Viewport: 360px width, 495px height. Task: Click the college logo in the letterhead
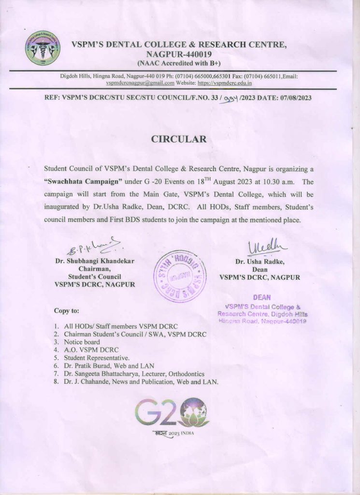pyautogui.click(x=43, y=48)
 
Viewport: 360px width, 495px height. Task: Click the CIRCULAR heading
pyautogui.click(x=179, y=139)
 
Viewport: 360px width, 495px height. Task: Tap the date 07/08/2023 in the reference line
pyautogui.click(x=293, y=98)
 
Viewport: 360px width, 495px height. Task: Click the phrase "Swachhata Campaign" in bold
pyautogui.click(x=88, y=182)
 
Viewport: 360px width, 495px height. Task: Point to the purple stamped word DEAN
pyautogui.click(x=261, y=297)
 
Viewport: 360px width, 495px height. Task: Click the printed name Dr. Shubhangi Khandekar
pyautogui.click(x=94, y=262)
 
